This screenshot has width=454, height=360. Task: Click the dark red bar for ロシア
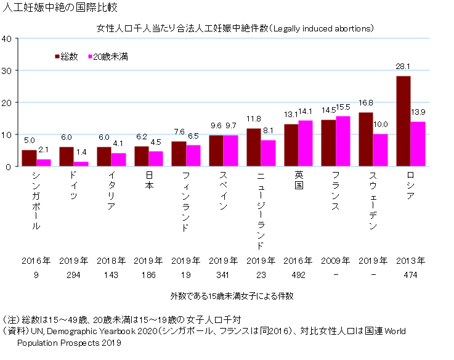(403, 121)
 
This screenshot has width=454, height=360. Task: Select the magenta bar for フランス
(343, 141)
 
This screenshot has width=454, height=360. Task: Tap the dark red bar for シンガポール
(29, 158)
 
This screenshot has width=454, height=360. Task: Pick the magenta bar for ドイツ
(81, 164)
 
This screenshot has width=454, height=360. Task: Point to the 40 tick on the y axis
(7, 38)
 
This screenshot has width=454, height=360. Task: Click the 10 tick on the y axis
(7, 134)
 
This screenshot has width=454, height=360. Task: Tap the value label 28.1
(403, 67)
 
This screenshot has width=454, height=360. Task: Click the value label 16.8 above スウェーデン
(366, 103)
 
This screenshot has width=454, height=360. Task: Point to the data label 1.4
(81, 152)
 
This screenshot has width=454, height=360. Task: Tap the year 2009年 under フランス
(336, 260)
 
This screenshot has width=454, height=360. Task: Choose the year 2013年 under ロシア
(411, 260)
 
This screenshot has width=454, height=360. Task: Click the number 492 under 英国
(298, 275)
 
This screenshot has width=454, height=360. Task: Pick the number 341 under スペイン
(223, 275)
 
